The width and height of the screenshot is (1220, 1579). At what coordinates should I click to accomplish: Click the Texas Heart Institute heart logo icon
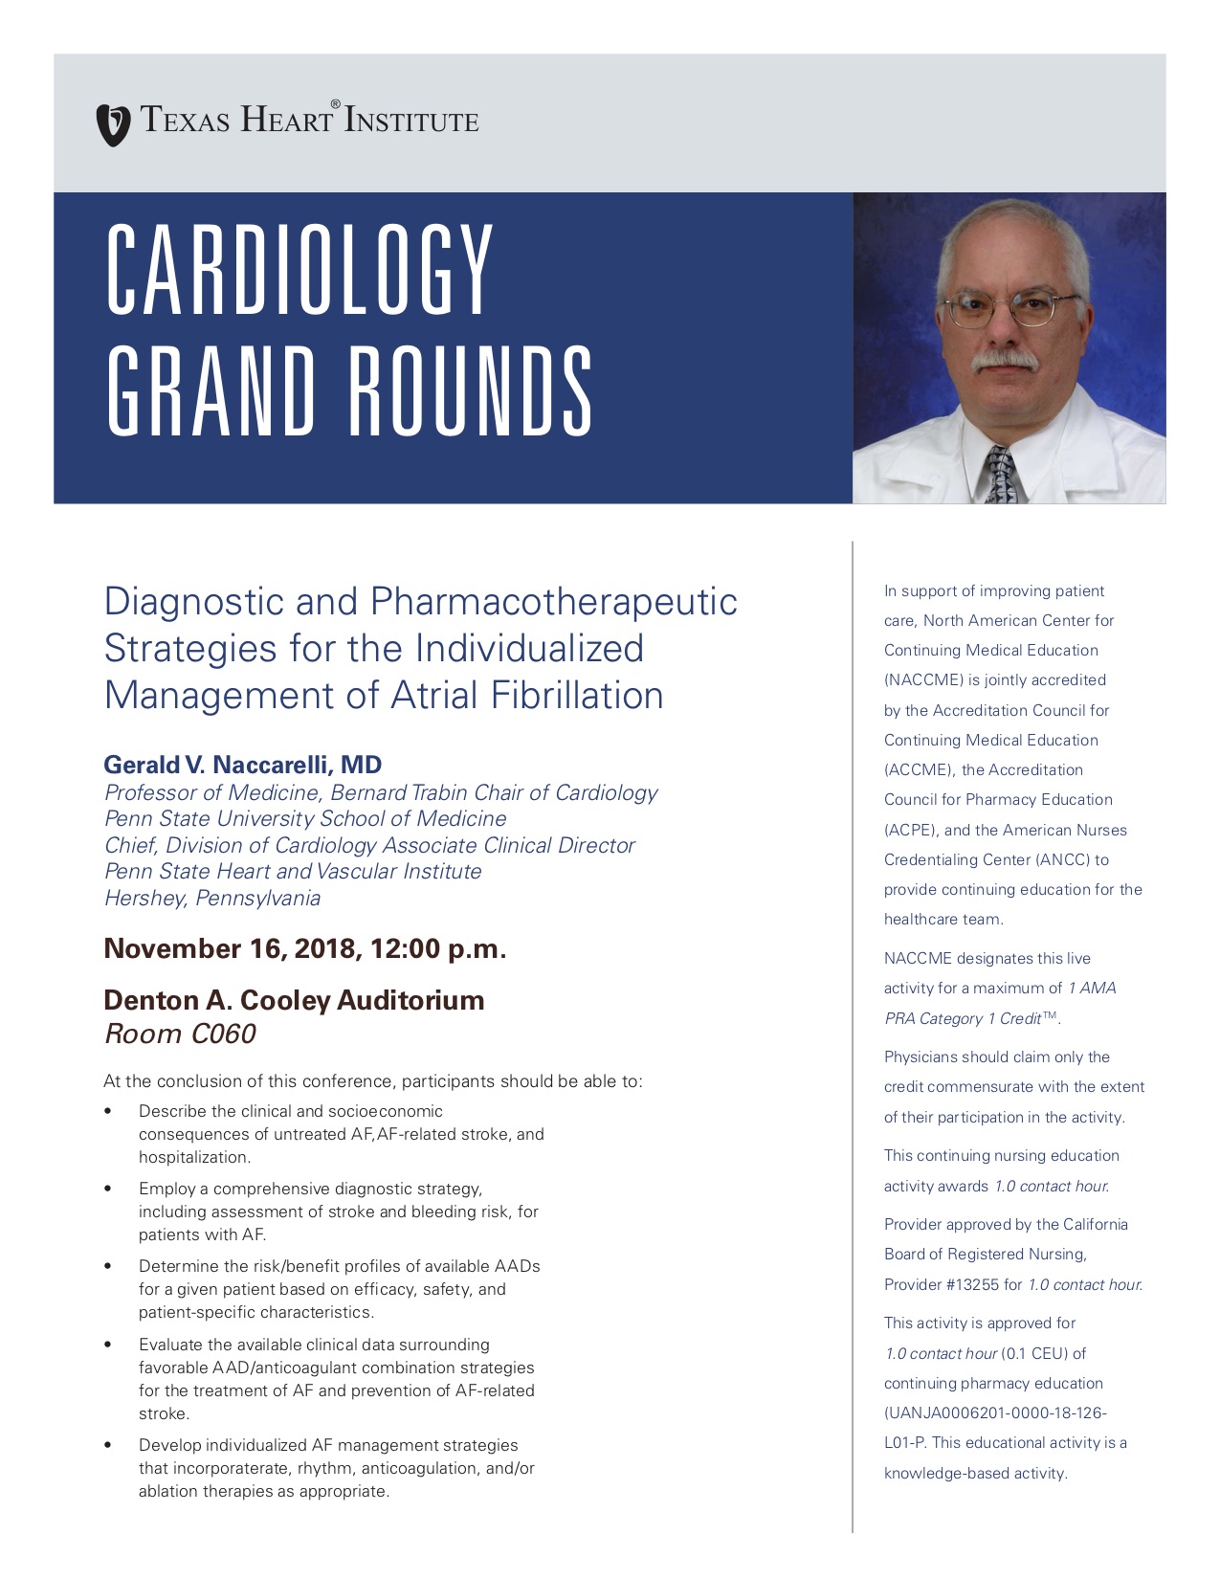pos(113,124)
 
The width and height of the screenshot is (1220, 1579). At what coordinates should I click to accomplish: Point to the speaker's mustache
pos(1005,361)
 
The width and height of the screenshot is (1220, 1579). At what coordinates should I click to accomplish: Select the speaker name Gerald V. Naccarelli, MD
pos(242,765)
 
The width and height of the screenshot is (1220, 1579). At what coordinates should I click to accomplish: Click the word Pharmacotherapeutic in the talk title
pos(553,602)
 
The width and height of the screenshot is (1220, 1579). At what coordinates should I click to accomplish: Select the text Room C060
pos(180,1034)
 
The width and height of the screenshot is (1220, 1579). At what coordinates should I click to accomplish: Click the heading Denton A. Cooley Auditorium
pos(294,1000)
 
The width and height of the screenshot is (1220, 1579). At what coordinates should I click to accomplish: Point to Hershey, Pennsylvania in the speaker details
pos(211,898)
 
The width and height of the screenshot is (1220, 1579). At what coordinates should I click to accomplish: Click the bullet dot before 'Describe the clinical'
pos(108,1111)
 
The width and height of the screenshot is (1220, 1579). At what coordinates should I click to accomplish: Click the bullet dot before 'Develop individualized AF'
pos(108,1445)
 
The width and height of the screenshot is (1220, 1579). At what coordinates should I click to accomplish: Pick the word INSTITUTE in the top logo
pos(411,121)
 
